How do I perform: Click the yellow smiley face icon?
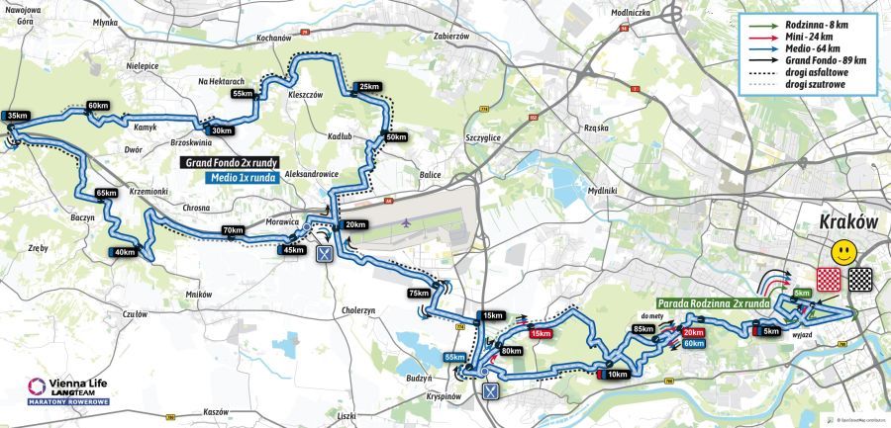click(844, 250)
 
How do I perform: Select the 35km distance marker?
click(17, 116)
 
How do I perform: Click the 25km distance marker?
click(369, 87)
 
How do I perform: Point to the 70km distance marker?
click(233, 230)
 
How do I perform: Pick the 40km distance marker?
click(125, 252)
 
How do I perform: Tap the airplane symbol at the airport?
click(408, 223)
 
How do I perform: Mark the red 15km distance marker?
click(540, 334)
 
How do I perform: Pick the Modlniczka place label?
click(631, 13)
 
